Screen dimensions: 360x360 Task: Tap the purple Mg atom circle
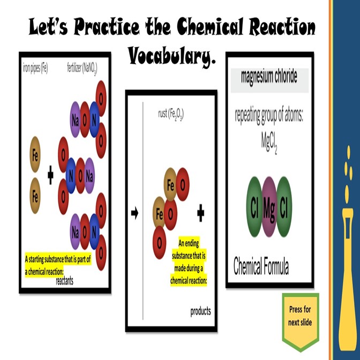pyautogui.click(x=269, y=208)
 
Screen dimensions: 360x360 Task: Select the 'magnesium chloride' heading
pyautogui.click(x=269, y=76)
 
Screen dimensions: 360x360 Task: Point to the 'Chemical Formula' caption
pyautogui.click(x=261, y=266)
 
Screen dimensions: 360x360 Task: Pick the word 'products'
pyautogui.click(x=200, y=311)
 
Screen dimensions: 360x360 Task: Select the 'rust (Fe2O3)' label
pyautogui.click(x=171, y=114)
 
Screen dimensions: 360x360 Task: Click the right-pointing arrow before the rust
pyautogui.click(x=134, y=213)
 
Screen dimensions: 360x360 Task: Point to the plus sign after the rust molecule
pyautogui.click(x=201, y=214)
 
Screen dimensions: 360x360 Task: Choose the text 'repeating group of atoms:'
pyautogui.click(x=269, y=116)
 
